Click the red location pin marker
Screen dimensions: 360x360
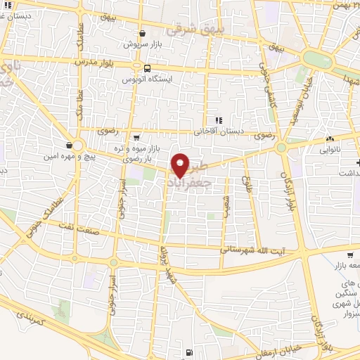coord(181,165)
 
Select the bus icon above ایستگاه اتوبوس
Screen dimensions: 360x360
coord(147,68)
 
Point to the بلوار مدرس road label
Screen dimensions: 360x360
coord(92,62)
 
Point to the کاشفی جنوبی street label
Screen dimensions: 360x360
coord(266,81)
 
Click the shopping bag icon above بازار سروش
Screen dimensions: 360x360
coord(143,33)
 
